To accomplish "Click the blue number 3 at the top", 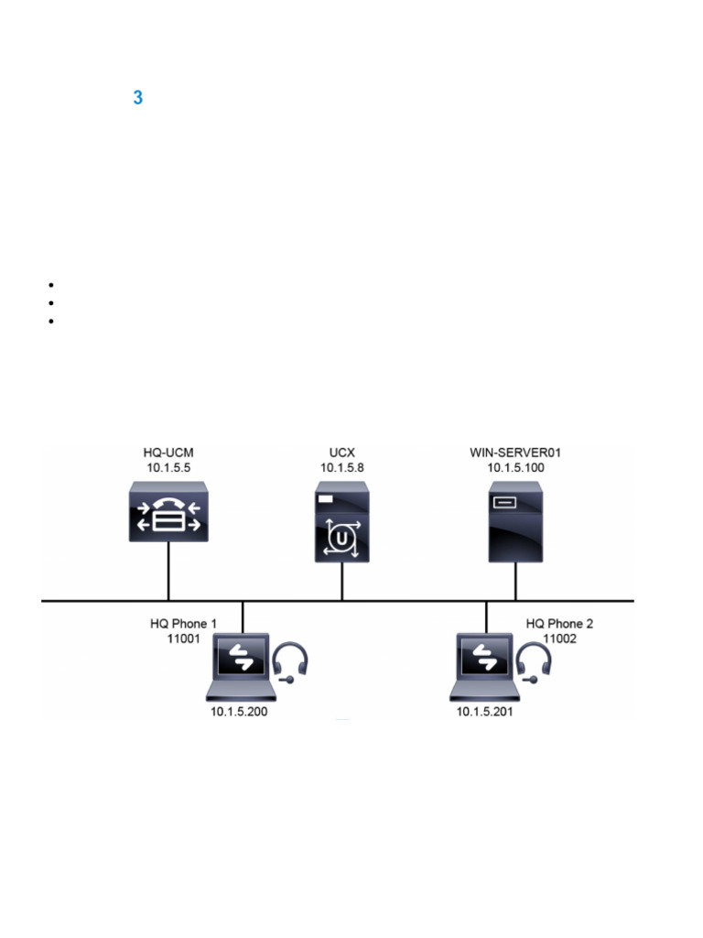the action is [x=137, y=98].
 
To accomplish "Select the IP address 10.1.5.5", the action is [x=168, y=468].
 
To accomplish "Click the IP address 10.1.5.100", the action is [x=515, y=468].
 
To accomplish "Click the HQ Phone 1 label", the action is [x=183, y=624].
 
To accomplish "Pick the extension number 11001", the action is [x=183, y=638].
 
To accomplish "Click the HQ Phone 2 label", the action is [x=559, y=624].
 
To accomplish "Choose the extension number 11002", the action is [x=559, y=638].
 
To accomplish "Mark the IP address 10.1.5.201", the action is [x=485, y=711].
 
